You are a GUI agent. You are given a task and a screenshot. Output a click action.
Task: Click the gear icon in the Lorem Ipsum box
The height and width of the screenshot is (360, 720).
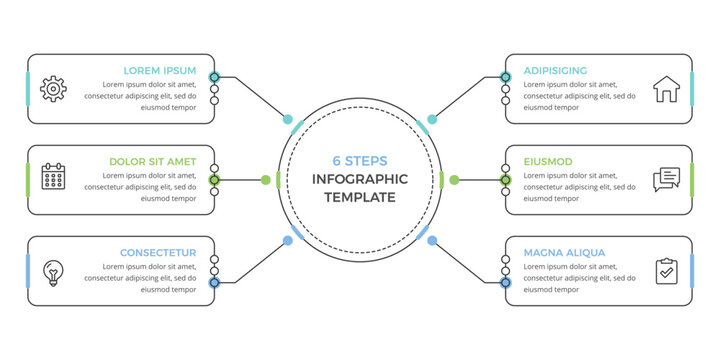(x=52, y=88)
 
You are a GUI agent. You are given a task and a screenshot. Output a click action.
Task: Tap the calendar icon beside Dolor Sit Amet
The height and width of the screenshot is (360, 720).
(x=52, y=178)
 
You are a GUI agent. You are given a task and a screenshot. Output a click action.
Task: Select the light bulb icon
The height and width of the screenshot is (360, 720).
(x=52, y=269)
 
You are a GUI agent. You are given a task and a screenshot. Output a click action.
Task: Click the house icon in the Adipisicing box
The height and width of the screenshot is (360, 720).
(x=665, y=90)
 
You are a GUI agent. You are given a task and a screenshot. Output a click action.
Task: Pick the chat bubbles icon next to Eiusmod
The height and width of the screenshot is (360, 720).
(x=666, y=179)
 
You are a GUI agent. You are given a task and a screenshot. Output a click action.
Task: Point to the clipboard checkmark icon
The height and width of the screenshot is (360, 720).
(x=666, y=270)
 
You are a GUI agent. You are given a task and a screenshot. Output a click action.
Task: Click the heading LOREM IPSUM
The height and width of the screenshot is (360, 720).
(x=160, y=71)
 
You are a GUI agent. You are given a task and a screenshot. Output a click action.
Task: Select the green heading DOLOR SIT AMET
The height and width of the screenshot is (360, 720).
(x=152, y=161)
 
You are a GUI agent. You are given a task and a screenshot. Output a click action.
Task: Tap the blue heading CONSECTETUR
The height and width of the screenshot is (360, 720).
(x=158, y=253)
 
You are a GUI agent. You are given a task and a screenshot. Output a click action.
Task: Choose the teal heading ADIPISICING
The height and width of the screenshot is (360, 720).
(x=555, y=71)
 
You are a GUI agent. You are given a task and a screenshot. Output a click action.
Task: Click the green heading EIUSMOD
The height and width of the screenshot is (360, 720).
(x=548, y=161)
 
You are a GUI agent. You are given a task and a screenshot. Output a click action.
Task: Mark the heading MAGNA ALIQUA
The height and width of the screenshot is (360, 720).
(x=564, y=253)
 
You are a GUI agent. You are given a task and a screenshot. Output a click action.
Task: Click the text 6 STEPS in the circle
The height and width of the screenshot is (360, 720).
(x=360, y=161)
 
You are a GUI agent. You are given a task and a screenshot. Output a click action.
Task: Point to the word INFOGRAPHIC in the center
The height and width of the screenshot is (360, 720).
(x=360, y=179)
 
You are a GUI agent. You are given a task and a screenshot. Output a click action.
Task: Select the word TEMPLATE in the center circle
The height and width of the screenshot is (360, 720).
(x=360, y=197)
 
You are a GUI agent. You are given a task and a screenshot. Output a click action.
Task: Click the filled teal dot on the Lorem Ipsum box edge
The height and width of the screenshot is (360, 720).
(x=214, y=76)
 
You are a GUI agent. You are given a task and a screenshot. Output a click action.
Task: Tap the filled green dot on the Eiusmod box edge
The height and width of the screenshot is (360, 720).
(x=506, y=180)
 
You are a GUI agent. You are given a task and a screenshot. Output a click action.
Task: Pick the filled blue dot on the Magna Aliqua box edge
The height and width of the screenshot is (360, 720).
(x=506, y=283)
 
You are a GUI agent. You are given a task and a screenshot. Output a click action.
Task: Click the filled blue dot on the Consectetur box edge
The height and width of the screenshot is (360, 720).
(x=214, y=283)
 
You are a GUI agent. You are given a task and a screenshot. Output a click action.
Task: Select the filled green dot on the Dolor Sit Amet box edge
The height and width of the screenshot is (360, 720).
(x=214, y=180)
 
